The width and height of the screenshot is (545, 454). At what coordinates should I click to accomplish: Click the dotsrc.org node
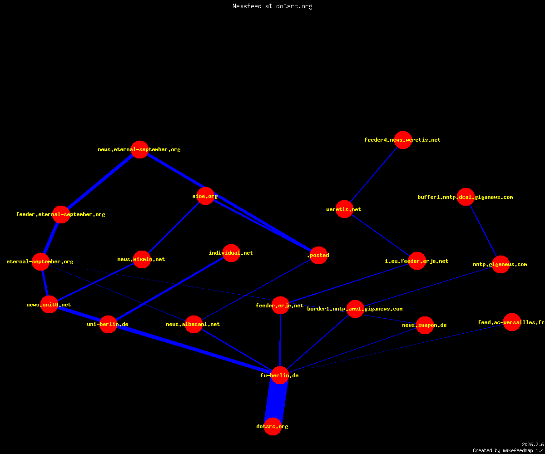pos(272,426)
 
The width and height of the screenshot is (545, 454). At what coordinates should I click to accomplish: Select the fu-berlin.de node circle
pos(280,375)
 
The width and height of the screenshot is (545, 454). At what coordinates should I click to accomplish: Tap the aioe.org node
pos(205,196)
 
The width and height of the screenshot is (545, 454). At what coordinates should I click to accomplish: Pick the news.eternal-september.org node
pos(139,149)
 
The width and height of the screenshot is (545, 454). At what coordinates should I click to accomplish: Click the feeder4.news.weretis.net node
pos(403,140)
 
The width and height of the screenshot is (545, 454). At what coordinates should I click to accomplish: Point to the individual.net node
pos(231,253)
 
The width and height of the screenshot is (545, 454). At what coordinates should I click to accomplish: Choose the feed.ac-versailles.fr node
pos(512,322)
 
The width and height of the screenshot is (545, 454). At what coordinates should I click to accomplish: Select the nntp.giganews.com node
pos(500,264)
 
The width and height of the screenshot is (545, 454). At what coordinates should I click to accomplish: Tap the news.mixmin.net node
pos(142,259)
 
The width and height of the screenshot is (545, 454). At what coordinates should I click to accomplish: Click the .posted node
pos(318,255)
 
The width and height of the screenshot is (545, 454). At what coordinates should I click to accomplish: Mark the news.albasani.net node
pos(193,324)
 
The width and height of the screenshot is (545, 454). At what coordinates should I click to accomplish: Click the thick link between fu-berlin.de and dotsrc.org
pos(276,401)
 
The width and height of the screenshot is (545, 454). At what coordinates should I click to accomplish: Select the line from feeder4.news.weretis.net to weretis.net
pos(374,174)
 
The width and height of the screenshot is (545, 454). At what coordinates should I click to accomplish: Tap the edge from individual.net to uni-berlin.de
pos(170,289)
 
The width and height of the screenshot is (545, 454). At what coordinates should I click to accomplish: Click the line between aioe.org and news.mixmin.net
pos(173,227)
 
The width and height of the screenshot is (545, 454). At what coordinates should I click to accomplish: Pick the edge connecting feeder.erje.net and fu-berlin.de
pos(280,340)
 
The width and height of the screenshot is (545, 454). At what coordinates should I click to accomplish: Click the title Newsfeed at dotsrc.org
pos(272,6)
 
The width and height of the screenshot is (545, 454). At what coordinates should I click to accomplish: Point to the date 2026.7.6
pos(533,444)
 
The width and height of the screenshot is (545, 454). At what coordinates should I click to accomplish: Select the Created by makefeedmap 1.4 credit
pos(508,450)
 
